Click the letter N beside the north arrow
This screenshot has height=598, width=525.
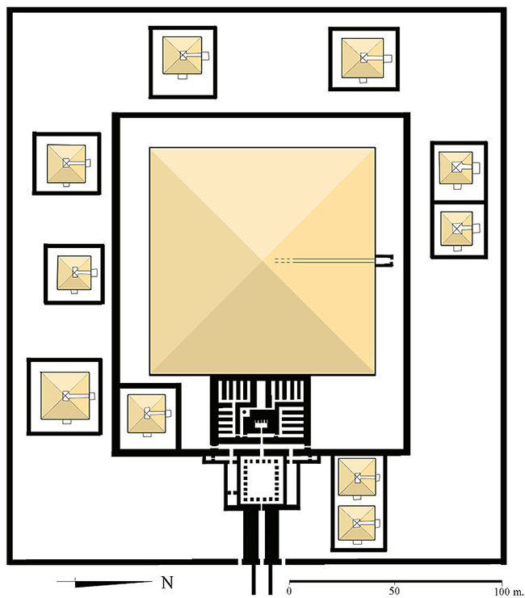click(167, 583)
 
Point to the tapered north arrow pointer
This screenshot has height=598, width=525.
click(113, 583)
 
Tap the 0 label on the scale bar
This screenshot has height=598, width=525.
click(289, 592)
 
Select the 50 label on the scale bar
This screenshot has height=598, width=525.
click(394, 592)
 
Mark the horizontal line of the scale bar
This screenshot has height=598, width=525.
click(396, 581)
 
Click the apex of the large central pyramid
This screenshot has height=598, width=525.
click(262, 261)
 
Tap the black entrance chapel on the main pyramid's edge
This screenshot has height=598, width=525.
click(384, 261)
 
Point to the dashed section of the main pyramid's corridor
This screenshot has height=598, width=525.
click(284, 261)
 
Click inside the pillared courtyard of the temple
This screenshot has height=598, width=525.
click(262, 481)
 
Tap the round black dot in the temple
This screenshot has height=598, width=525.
click(244, 412)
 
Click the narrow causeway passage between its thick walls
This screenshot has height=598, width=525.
click(262, 534)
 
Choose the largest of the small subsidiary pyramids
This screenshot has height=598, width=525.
click(65, 396)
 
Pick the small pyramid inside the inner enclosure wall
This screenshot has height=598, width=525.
click(146, 414)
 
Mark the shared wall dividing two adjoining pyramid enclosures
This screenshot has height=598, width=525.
click(459, 201)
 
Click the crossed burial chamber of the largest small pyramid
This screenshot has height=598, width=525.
click(66, 396)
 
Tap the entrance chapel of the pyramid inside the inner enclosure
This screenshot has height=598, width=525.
click(168, 413)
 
